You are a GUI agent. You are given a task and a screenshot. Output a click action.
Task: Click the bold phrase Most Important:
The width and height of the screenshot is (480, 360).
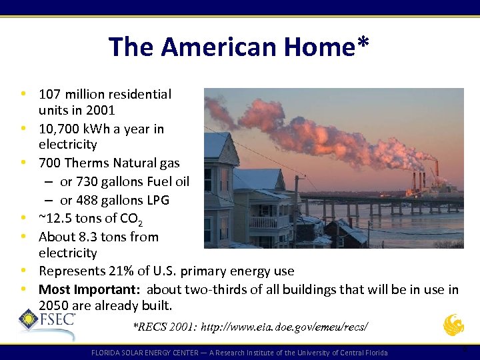click(91, 289)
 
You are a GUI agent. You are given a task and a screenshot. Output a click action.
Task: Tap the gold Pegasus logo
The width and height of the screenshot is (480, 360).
click(454, 325)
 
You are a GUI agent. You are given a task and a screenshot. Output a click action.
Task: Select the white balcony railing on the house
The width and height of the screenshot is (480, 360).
click(269, 222)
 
